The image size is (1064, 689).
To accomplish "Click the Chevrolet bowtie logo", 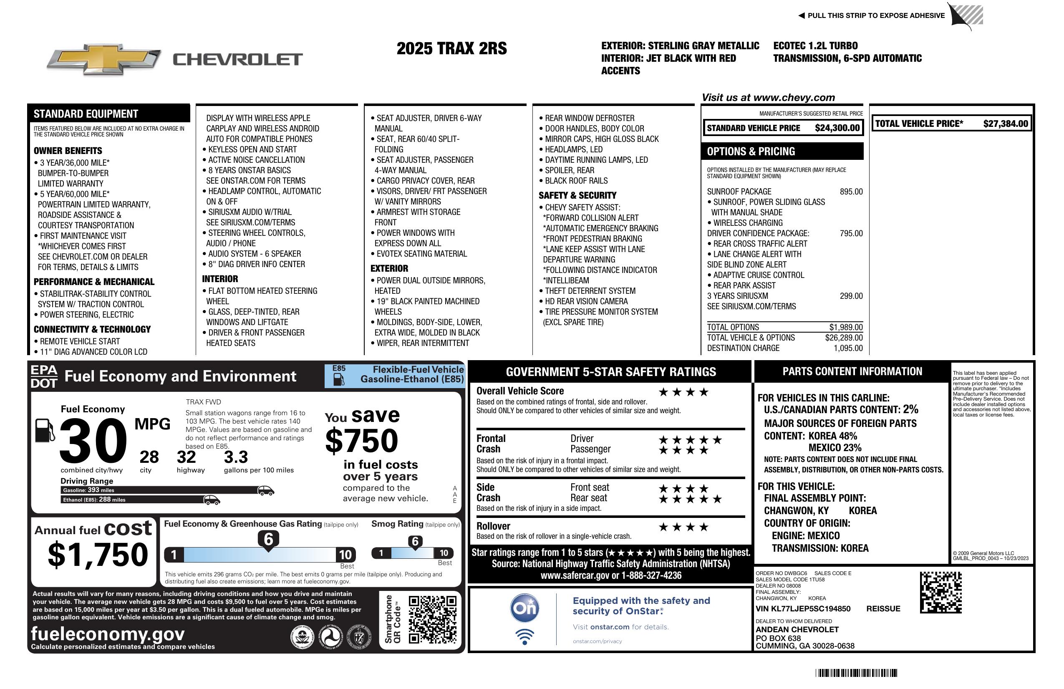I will coord(104,59).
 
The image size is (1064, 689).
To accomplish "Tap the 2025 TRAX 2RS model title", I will coord(451,48).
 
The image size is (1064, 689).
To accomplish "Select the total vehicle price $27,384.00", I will coord(1006,124).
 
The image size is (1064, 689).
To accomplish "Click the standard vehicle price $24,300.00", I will coord(837,128).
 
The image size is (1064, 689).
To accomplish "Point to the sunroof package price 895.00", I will coord(851,192).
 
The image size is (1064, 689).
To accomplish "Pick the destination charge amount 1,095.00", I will coord(848,348).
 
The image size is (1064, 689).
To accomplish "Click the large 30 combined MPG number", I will coord(93,441).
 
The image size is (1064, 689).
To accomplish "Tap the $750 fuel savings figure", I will coord(362,441).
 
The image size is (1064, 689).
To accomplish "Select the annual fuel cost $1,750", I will coord(98,555).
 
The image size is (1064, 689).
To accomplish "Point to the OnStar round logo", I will coord(524,608).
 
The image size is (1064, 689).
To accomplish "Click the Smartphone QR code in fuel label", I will coord(432,619).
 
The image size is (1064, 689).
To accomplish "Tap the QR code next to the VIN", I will coord(940,592).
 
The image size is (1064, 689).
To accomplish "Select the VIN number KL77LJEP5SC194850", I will coord(803,608).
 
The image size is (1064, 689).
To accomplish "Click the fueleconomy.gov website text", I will coord(108,634).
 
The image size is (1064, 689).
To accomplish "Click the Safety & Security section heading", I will coord(577,195).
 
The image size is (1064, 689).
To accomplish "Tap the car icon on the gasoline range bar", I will coord(265,490).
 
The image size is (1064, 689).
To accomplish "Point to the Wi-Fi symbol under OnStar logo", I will coord(524,637).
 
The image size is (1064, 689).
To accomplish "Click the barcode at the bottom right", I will coord(856,673).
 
